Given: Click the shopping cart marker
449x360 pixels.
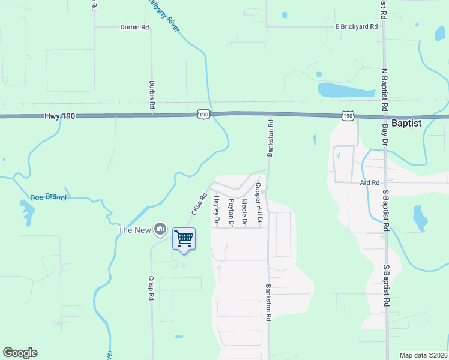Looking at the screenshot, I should click(184, 239).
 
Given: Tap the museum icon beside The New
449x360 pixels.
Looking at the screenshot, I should click(160, 229).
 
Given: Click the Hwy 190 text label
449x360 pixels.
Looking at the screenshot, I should click(59, 116).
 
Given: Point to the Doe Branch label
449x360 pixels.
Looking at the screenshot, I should click(49, 197).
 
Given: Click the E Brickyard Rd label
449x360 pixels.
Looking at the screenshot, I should click(357, 26).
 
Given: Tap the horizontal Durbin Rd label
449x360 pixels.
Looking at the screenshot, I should click(134, 27).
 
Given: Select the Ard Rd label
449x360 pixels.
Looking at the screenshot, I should click(370, 182).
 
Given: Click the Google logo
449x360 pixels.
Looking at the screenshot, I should click(20, 353).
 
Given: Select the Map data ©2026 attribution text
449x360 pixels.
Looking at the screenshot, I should click(424, 355).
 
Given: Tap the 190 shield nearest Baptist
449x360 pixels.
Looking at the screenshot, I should click(348, 114).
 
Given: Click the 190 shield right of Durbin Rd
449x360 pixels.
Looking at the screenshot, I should click(203, 113).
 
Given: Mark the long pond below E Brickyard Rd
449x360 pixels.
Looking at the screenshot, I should click(346, 91).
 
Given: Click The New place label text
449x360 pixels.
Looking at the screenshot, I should click(135, 230).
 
